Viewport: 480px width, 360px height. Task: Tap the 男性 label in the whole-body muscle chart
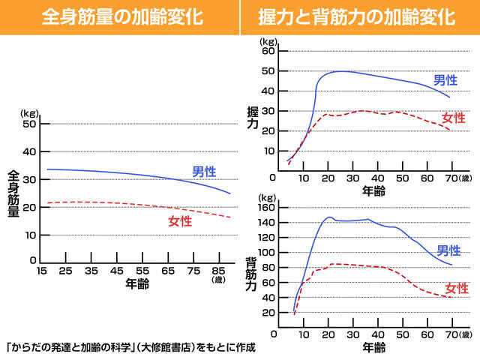pos(204,171)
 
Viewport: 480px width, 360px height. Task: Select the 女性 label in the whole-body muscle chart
pos(180,221)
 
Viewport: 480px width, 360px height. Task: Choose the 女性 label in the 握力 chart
pos(453,118)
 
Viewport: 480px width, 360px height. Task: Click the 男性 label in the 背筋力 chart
pos(448,250)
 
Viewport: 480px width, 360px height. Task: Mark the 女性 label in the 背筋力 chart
pos(457,288)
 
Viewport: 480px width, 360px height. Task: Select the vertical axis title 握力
pos(253,118)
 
